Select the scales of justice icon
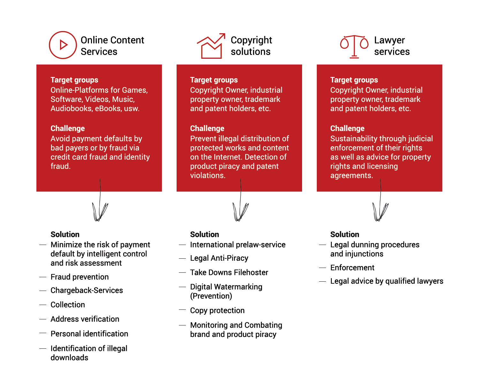coord(354,47)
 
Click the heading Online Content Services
coord(112,46)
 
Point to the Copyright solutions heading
coord(251,46)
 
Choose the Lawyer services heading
coord(392,46)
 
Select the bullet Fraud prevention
coord(80,277)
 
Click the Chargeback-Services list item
coord(87,290)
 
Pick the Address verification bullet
coord(85,319)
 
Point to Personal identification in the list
coord(89,333)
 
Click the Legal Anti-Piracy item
coord(219,258)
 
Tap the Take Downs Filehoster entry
coord(229,272)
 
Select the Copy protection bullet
coord(217,310)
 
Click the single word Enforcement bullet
coord(352,267)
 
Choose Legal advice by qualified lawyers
coord(387,281)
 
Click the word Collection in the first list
coord(68,305)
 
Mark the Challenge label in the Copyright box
coord(207,128)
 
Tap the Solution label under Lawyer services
coord(345,234)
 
